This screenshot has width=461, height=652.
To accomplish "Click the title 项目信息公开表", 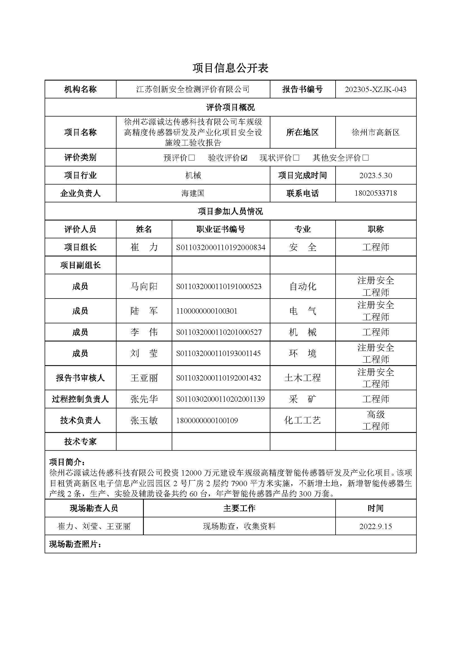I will [230, 68].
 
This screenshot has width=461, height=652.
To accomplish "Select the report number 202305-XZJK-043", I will [375, 89].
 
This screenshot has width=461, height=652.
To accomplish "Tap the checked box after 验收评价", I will [244, 158].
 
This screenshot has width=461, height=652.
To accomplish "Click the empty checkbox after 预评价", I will [191, 158].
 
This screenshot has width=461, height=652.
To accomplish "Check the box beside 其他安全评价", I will [366, 158].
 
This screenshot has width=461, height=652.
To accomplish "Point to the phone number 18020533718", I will [375, 193].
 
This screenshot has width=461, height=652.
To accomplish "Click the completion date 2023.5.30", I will [375, 176].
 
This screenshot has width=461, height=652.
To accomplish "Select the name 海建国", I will [193, 193].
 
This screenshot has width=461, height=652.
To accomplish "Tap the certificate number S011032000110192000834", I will [220, 247].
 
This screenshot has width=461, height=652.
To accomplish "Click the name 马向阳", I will [144, 286].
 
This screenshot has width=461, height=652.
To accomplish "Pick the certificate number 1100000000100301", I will [206, 311].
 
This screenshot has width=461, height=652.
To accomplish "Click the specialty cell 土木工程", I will [302, 378].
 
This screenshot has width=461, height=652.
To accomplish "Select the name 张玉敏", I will [144, 421].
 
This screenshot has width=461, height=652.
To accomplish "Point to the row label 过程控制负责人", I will [80, 399].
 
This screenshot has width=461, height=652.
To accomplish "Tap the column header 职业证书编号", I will [220, 229].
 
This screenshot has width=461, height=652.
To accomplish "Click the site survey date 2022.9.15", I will [375, 527].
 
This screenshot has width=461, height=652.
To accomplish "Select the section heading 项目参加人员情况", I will [230, 211].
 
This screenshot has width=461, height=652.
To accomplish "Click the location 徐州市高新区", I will [375, 132].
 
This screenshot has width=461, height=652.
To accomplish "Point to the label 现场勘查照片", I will [75, 544].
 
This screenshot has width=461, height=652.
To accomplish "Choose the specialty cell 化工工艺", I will [302, 421].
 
